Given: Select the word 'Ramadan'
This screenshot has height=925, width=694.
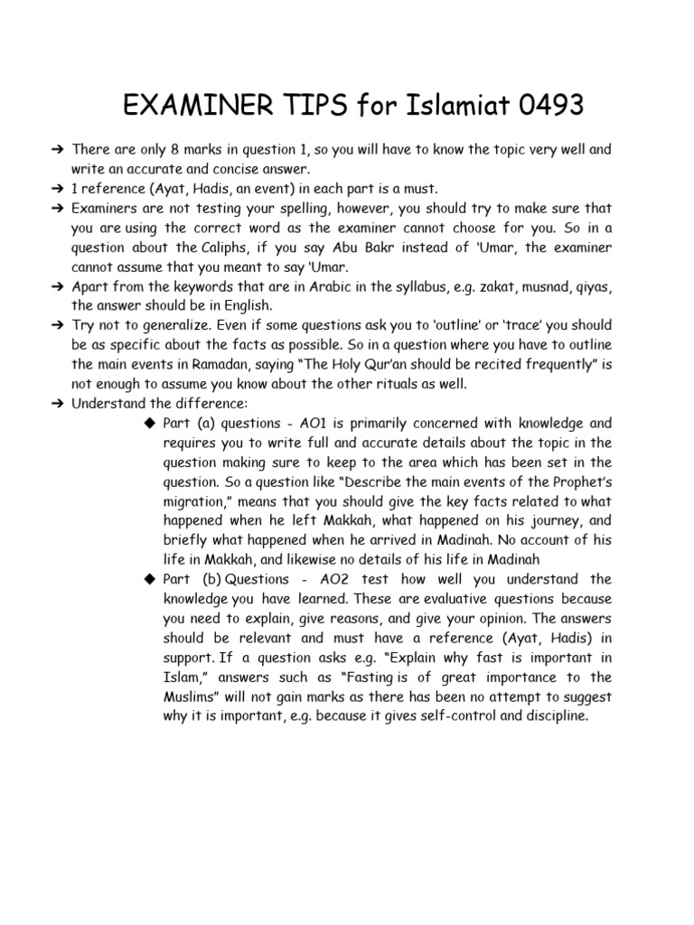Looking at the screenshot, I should pos(220,364).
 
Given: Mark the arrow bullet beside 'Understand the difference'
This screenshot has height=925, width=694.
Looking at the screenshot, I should pos(59,403).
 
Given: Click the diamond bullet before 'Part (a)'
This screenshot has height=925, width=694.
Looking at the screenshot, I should pos(150,423).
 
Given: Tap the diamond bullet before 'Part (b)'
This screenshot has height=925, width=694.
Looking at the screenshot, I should pos(150,579).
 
